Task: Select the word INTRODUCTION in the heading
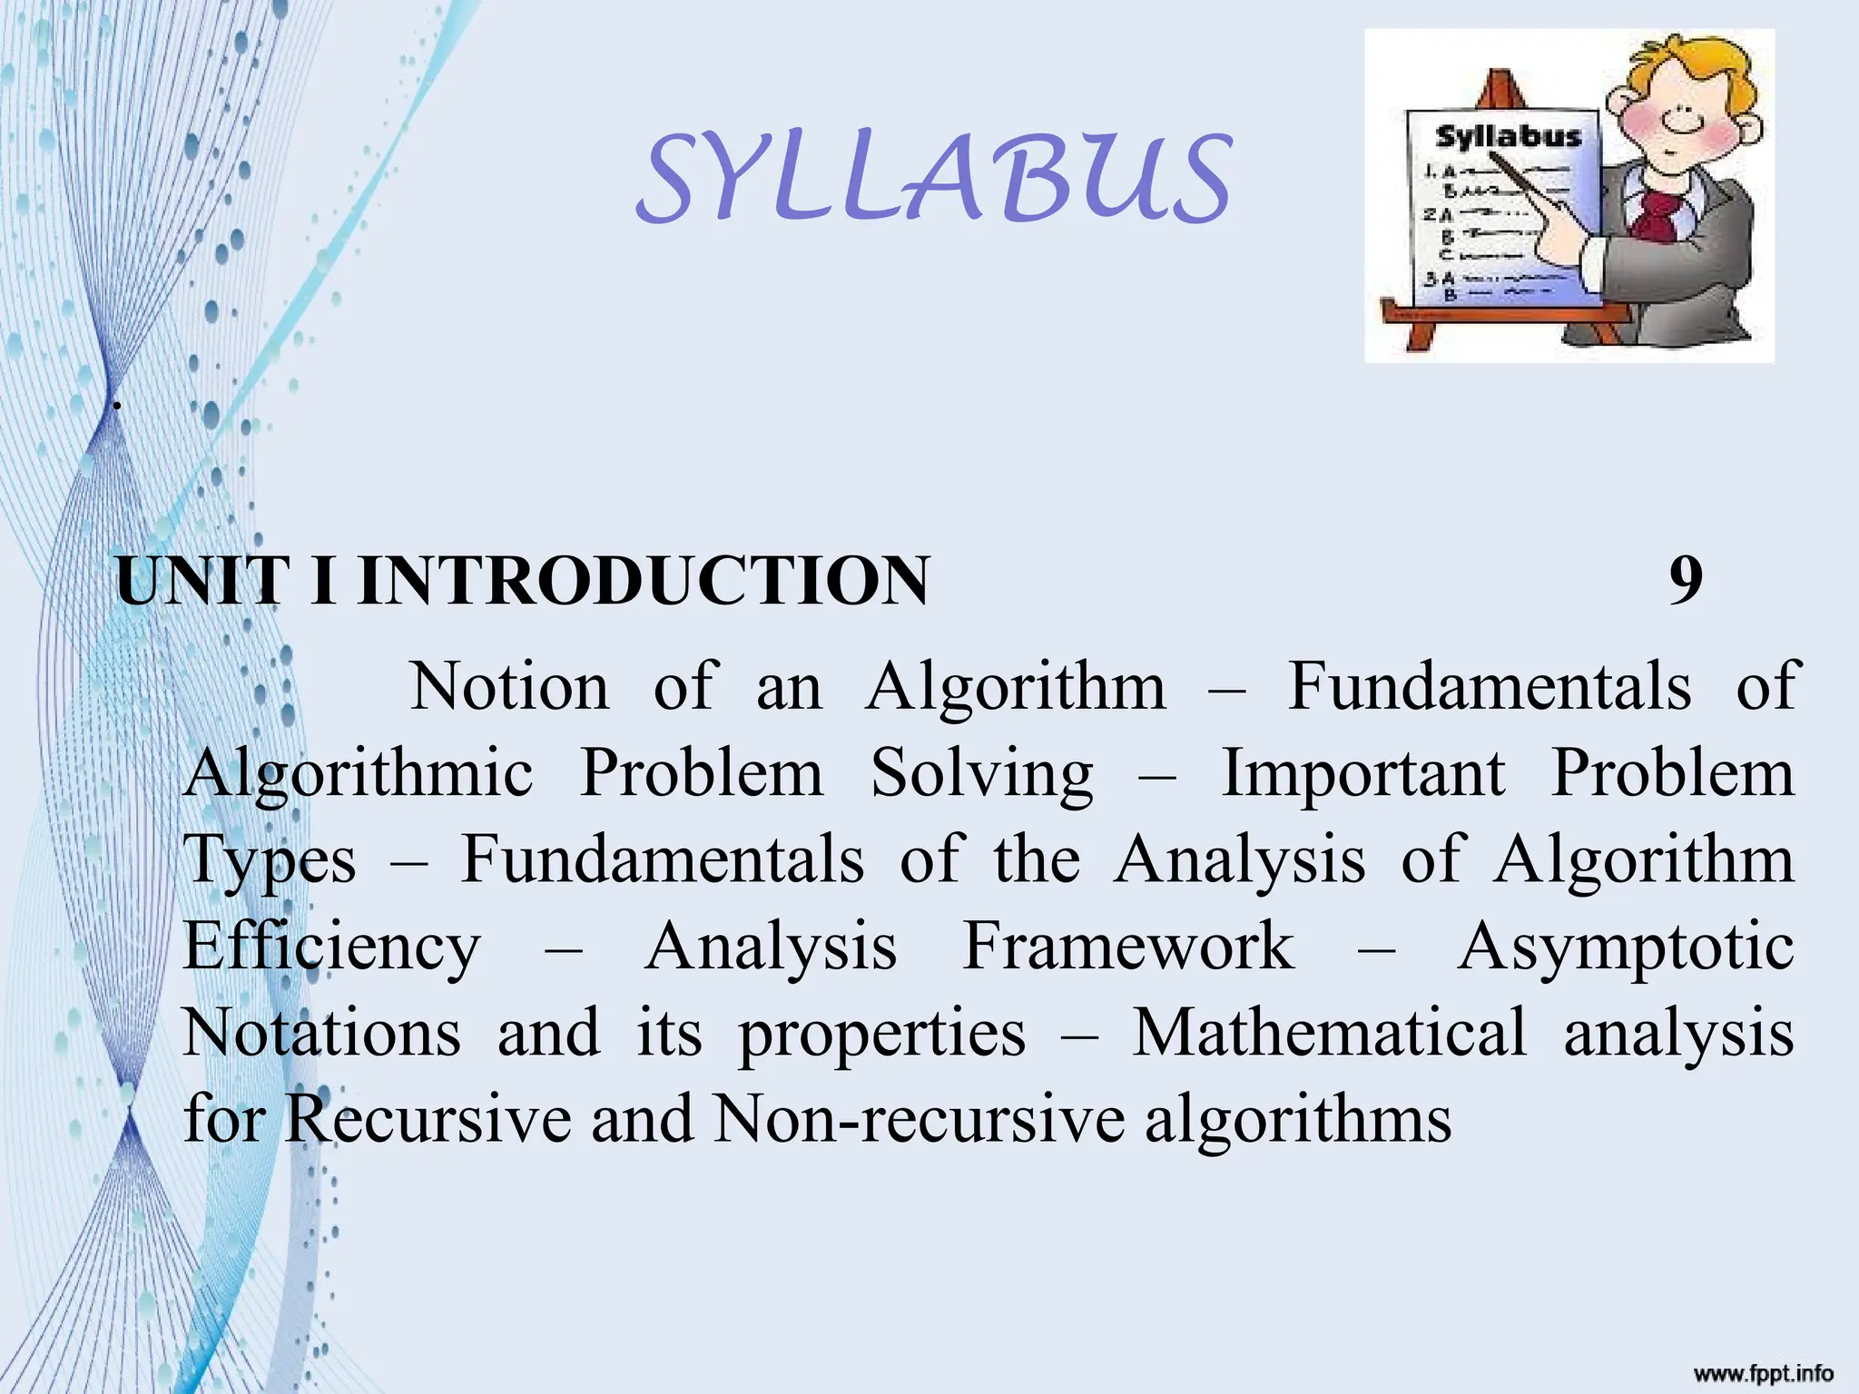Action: [644, 581]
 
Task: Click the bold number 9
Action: [1686, 581]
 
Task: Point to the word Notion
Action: [510, 687]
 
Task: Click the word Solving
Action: [982, 774]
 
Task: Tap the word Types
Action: [270, 860]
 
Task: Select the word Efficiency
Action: [331, 947]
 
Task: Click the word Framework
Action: [1128, 947]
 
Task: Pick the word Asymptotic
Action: [1626, 947]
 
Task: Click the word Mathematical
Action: [1330, 1033]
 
